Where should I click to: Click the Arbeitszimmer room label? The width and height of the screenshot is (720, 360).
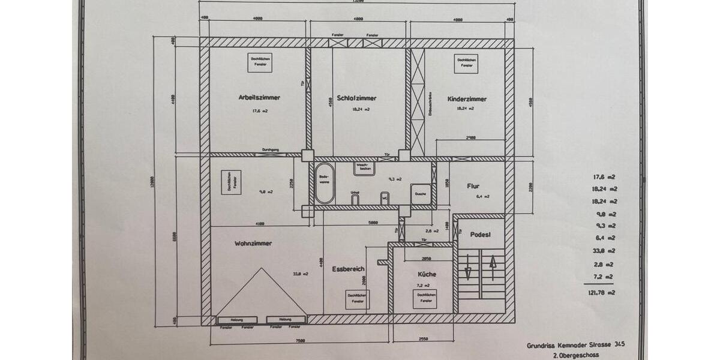(259, 97)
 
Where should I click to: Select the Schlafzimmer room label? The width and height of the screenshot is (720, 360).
(356, 98)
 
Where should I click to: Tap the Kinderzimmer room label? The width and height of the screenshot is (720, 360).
(467, 99)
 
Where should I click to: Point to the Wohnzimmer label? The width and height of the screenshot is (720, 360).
(253, 244)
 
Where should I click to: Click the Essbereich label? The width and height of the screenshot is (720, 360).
(348, 269)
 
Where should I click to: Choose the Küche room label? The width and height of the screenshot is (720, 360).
(427, 274)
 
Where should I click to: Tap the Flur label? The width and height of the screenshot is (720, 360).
(474, 186)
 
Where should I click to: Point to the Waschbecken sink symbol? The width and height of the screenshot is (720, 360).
(365, 168)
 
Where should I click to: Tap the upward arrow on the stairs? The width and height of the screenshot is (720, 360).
(493, 268)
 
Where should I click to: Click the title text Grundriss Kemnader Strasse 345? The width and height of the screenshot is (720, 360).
(574, 345)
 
